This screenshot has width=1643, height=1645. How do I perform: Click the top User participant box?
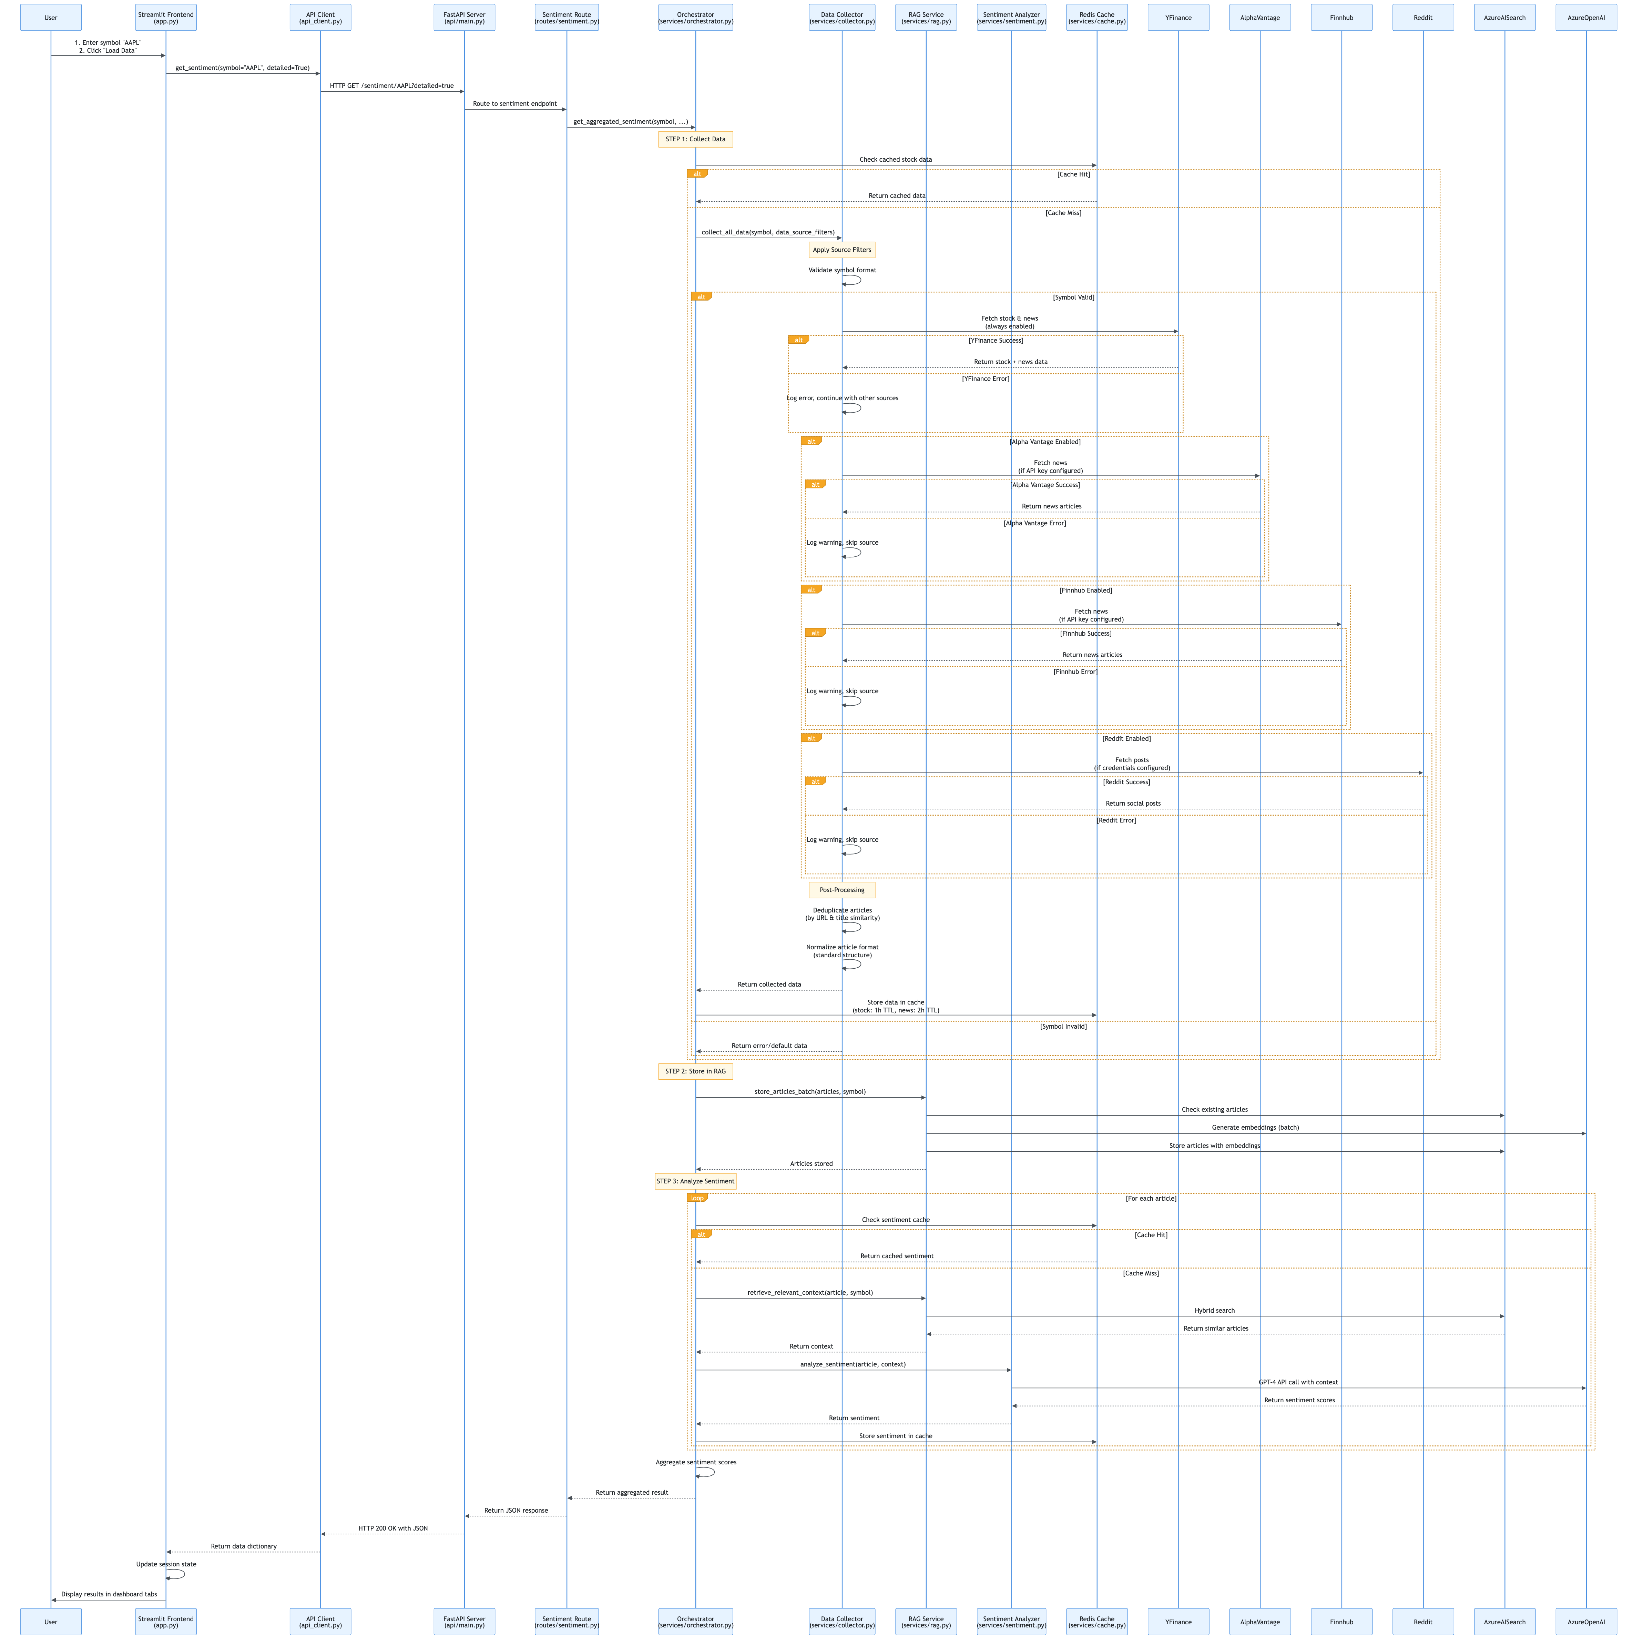pos(51,17)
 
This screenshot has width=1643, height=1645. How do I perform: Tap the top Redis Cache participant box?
pos(1096,17)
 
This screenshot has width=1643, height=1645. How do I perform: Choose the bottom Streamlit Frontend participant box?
pos(166,1621)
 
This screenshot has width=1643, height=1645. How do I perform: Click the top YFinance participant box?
pos(1178,17)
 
